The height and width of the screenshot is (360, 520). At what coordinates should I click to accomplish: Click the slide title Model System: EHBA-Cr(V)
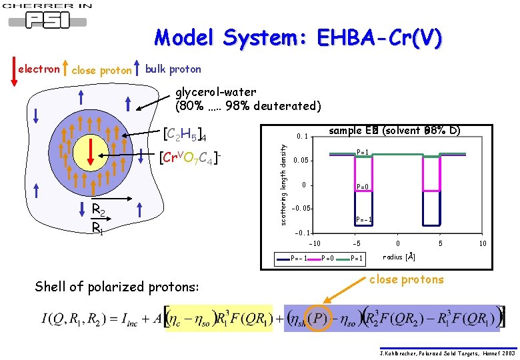pos(297,38)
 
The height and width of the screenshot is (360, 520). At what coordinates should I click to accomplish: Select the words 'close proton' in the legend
pos(101,70)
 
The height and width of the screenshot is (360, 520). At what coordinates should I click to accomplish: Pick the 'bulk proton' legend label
pos(173,69)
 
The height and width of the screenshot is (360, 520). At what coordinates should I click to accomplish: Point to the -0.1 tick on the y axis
pos(302,233)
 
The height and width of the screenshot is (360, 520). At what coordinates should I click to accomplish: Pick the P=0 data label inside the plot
pos(364,187)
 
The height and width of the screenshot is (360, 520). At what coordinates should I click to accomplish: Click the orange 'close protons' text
pos(406,279)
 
